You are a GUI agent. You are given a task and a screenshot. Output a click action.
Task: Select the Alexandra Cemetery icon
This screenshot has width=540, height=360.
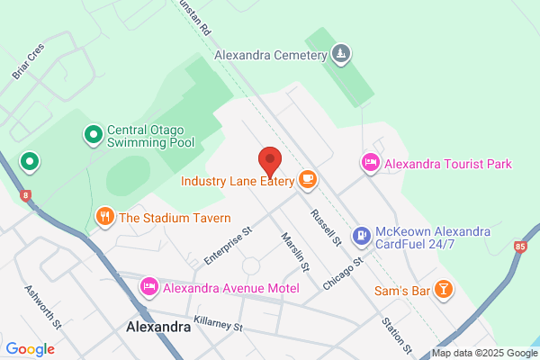340,55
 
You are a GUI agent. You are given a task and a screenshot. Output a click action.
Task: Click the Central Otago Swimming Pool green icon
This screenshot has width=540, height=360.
92,135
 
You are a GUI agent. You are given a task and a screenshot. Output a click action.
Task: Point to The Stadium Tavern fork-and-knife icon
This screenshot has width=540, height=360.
104,217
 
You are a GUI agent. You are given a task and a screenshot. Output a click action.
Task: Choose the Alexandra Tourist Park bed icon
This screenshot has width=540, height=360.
369,163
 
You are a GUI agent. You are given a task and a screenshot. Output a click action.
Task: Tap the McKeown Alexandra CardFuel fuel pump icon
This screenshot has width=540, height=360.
361,237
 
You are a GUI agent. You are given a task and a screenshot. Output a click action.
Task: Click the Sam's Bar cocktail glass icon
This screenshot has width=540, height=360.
443,289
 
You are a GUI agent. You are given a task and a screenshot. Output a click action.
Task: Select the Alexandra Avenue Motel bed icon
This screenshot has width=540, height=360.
148,286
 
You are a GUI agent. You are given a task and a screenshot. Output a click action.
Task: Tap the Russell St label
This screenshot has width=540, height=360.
326,229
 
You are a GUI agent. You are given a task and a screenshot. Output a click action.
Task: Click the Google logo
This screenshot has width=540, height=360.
30,349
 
